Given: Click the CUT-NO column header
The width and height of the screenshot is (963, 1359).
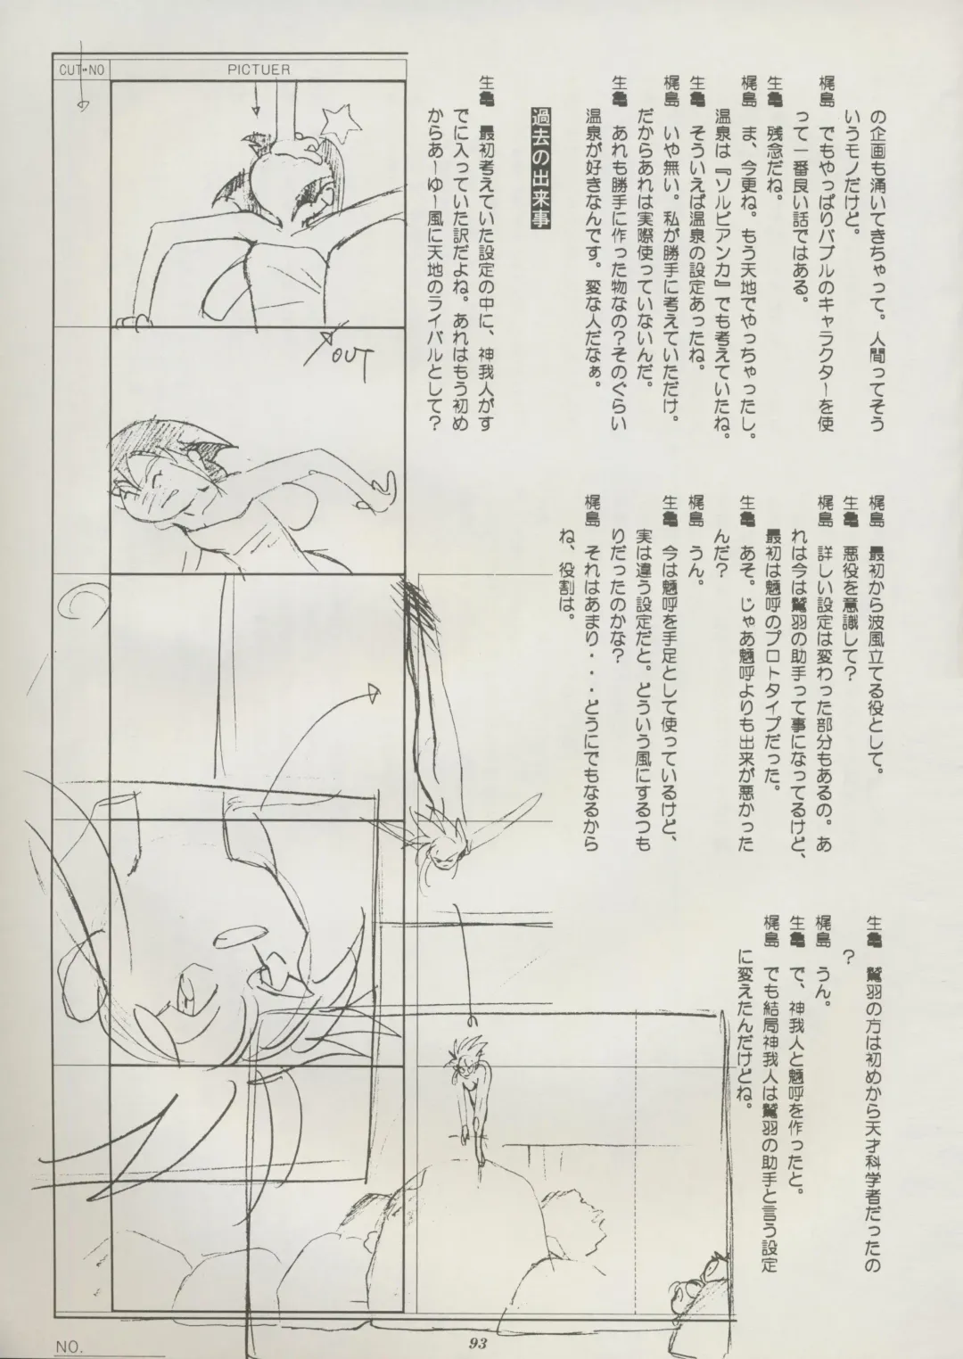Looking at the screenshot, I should point(82,70).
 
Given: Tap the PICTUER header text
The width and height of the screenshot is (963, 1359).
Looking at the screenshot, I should point(258,70).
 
